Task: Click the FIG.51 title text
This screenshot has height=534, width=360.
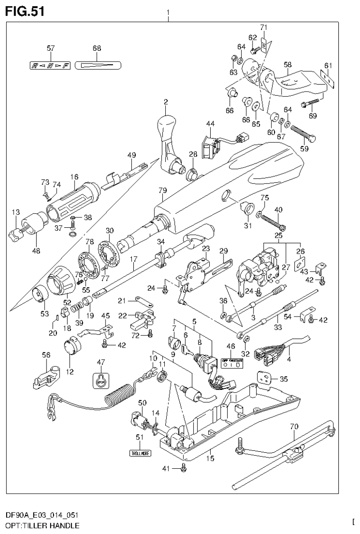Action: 25,12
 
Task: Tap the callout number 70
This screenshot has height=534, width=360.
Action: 294,427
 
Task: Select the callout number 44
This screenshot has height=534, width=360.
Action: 210,123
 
